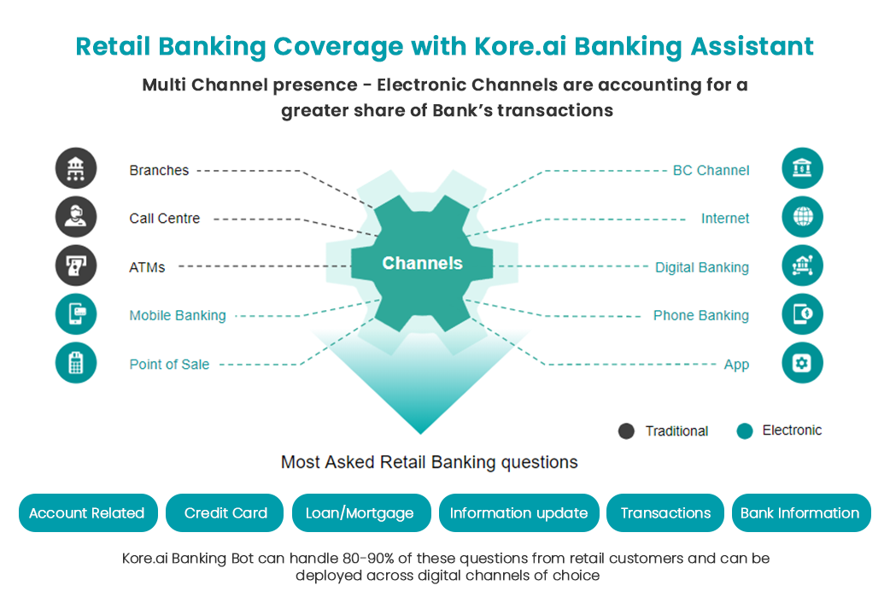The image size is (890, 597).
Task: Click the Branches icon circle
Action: [x=76, y=168]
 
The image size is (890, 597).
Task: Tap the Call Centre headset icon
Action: [x=76, y=217]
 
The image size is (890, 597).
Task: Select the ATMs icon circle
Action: [x=76, y=266]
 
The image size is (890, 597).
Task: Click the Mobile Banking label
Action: [x=178, y=315]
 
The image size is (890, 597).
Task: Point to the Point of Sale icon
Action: [x=76, y=363]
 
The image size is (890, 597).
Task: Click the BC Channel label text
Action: [x=711, y=170]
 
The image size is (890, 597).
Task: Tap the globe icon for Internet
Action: [x=802, y=217]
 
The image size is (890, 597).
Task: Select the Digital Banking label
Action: [x=701, y=267]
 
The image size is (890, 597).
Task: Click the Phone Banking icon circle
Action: [x=802, y=314]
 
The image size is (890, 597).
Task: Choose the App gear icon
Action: [x=802, y=363]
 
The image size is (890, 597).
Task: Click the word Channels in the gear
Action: [x=422, y=263]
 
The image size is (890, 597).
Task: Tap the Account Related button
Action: [x=87, y=513]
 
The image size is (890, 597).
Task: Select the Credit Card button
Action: [x=225, y=513]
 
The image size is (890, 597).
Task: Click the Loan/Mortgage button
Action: [x=360, y=513]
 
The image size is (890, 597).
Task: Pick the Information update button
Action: [x=518, y=513]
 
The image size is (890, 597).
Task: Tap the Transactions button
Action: [x=665, y=513]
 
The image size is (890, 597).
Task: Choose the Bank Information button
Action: [x=800, y=513]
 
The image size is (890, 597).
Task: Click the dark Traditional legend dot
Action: [x=626, y=431]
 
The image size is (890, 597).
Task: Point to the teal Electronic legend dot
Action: [x=745, y=431]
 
